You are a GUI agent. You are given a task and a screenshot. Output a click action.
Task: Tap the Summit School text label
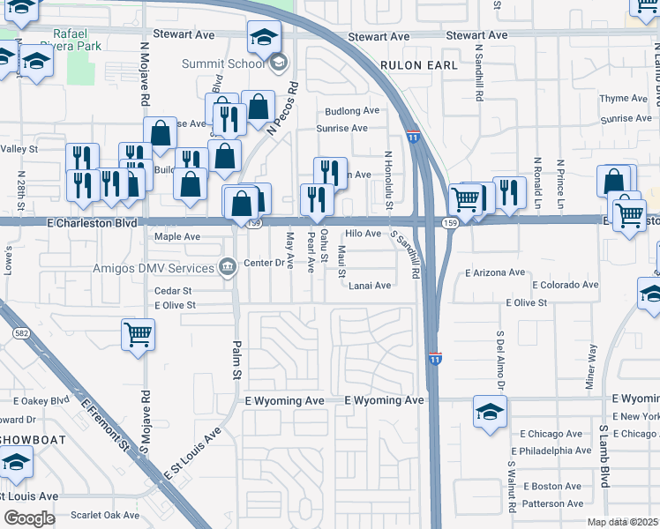point(222,63)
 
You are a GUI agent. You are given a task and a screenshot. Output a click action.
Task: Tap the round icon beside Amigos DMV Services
point(228,267)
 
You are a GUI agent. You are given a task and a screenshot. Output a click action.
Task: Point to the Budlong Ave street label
point(351,111)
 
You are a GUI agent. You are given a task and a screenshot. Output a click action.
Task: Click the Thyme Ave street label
point(623,99)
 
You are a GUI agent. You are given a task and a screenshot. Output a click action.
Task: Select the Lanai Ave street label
point(369,286)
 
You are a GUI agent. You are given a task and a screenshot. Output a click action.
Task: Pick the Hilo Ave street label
point(363,234)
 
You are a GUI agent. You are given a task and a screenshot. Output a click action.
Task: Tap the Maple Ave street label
point(177,237)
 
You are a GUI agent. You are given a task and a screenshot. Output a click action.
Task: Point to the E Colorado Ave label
point(565,285)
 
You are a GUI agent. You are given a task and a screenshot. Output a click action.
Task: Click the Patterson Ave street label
point(551,503)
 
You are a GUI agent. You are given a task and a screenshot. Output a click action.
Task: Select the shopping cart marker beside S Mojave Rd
point(139,334)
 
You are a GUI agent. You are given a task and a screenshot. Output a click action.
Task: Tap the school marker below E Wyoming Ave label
point(490,413)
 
